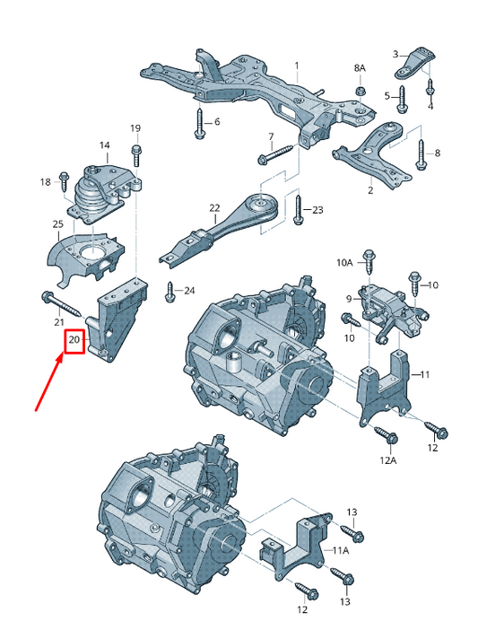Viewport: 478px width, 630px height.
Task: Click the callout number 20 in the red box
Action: pos(74,340)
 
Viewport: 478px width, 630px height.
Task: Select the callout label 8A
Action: pos(360,68)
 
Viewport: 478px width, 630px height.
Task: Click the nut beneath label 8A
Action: pos(361,91)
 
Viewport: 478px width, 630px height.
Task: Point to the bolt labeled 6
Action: pos(199,123)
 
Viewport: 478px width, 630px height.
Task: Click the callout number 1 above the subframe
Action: pos(297,66)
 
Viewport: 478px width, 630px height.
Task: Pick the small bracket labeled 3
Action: pos(415,63)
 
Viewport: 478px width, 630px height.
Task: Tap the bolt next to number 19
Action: pos(135,155)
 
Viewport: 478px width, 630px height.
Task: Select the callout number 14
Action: pos(104,145)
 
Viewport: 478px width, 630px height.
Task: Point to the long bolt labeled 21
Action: pos(62,304)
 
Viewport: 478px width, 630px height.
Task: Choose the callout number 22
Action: pos(214,208)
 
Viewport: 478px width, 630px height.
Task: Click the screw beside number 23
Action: pos(298,210)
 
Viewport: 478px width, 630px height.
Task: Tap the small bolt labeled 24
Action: pos(169,292)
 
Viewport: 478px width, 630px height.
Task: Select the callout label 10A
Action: pos(344,263)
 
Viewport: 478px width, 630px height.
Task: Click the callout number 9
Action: pos(349,299)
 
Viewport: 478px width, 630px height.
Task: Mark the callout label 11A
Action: pos(340,550)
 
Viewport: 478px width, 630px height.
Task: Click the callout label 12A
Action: pos(387,460)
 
